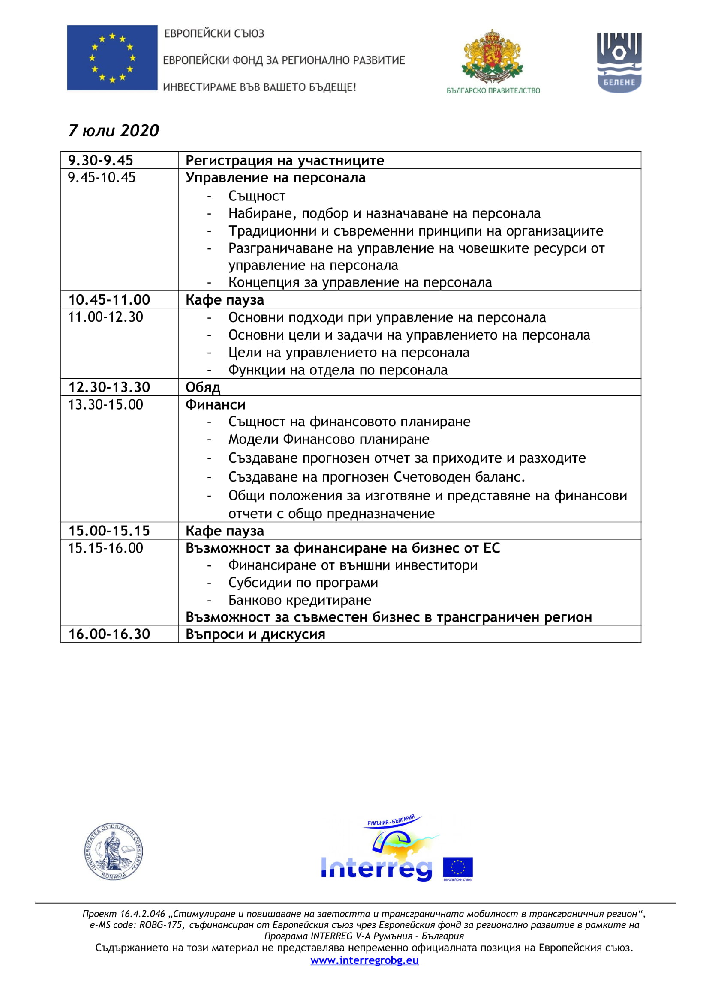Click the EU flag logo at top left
pos(112,57)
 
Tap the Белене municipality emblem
pos(619,62)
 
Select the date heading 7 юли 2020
pos(114,131)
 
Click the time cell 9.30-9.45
pos(100,161)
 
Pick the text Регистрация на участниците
pos(285,161)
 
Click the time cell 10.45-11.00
pos(109,300)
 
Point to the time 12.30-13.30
pos(109,387)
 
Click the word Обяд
pos(203,388)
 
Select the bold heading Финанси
pos(215,404)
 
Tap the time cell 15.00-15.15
pos(109,531)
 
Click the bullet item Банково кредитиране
pos(300,600)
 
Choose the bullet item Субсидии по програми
pos(303,583)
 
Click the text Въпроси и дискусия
pos(255,634)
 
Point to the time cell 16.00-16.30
pos(109,634)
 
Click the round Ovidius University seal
pos(114,852)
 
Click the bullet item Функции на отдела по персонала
pos(338,370)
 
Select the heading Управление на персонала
pos(276,178)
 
